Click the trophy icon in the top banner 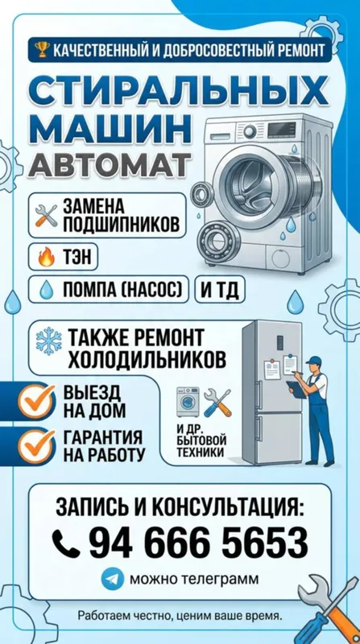click(x=42, y=50)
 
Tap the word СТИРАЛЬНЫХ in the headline click(x=180, y=92)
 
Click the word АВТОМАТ click(x=110, y=164)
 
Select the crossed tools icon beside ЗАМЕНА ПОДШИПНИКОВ click(x=46, y=215)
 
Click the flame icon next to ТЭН click(x=46, y=257)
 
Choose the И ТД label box click(x=219, y=290)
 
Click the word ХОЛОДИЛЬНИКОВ click(x=147, y=360)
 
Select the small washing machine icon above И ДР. click(x=188, y=402)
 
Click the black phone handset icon click(x=66, y=543)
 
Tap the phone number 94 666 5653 click(x=198, y=543)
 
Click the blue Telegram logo click(x=112, y=579)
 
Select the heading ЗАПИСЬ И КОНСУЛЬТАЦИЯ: click(x=180, y=507)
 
